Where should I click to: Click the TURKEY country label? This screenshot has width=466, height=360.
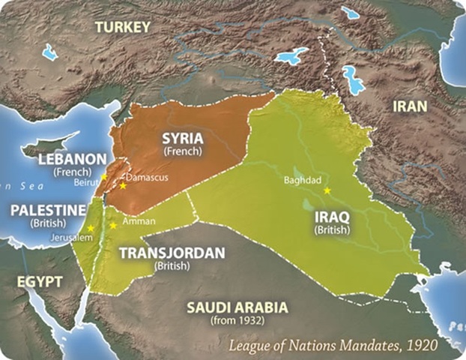123,27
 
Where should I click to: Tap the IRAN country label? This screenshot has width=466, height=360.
408,106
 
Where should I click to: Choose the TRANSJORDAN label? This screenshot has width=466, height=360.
172,253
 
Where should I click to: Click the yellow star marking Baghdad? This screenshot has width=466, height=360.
327,191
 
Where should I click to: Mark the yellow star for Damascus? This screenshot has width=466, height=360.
122,185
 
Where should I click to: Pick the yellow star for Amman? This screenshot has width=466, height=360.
113,224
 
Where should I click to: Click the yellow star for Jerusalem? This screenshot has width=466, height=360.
90,227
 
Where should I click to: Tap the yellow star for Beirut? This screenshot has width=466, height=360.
103,176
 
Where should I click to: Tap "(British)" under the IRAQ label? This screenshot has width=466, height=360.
332,229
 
